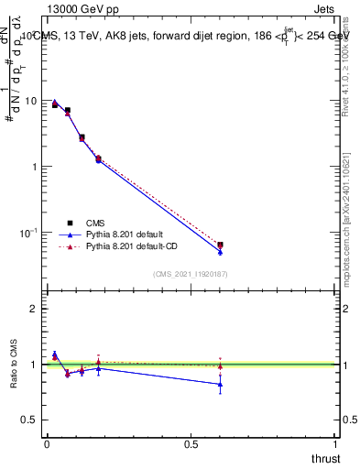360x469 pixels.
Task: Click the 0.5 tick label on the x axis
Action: click(x=191, y=443)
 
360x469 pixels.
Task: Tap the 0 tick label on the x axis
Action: click(x=47, y=443)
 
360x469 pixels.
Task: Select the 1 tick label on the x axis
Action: click(x=335, y=443)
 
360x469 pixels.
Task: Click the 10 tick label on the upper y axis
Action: click(x=31, y=101)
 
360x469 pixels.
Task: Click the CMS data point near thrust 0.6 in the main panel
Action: click(x=220, y=245)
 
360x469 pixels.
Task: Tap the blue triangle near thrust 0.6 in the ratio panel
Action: click(x=220, y=385)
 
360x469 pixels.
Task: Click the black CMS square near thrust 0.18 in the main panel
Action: click(x=98, y=158)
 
